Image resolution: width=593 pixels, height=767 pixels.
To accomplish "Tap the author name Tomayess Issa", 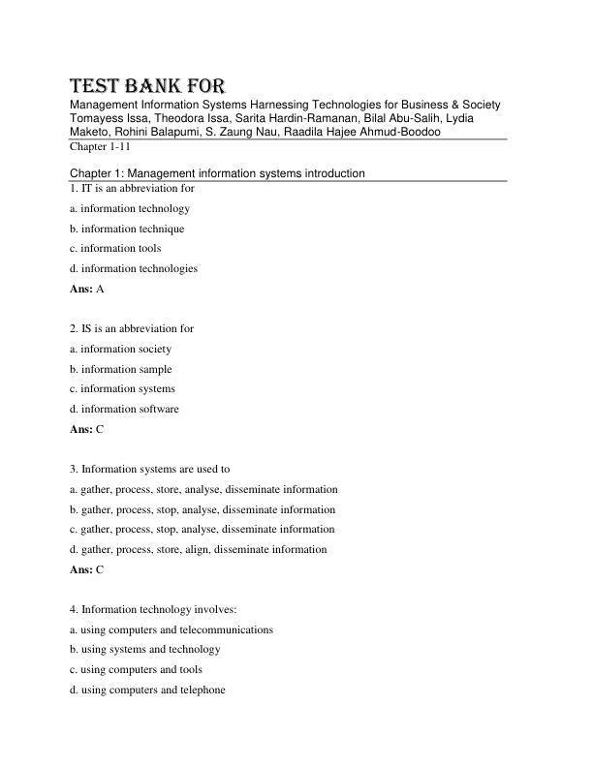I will pyautogui.click(x=107, y=118).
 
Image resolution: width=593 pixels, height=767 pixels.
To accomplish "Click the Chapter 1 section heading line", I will pyautogui.click(x=217, y=173).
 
